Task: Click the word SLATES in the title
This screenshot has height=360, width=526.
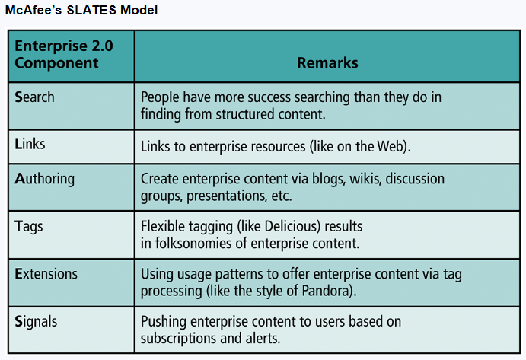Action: (91, 10)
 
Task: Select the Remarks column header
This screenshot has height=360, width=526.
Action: (328, 63)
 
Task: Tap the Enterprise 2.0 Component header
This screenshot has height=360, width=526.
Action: (64, 54)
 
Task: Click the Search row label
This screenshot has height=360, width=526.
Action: (34, 97)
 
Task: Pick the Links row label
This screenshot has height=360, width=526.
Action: (30, 144)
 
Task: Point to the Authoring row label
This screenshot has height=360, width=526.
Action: (44, 179)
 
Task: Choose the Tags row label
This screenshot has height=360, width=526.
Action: (29, 227)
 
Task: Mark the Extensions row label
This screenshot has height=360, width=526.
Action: (46, 274)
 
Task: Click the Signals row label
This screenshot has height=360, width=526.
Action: (36, 322)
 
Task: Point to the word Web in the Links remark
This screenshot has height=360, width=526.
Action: (390, 147)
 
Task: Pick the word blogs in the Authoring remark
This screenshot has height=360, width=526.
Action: (329, 179)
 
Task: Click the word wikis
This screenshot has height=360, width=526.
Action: (365, 179)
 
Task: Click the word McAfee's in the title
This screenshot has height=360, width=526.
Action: (33, 10)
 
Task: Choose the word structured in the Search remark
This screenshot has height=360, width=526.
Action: (245, 114)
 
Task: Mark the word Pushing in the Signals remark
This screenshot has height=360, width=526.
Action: (164, 322)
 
